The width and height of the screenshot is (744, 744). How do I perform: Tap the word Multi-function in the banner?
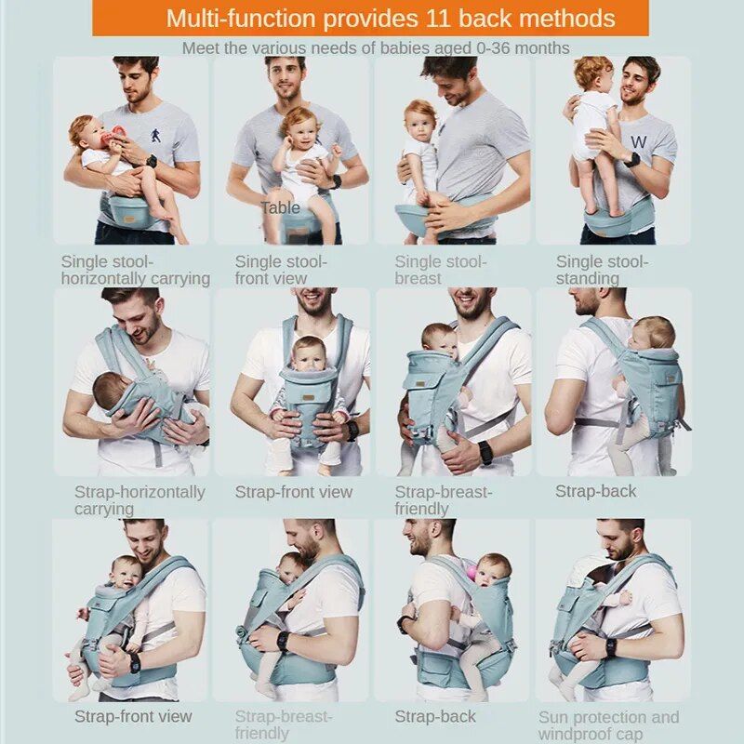[x=241, y=19]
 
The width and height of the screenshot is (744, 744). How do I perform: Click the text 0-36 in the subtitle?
[x=491, y=48]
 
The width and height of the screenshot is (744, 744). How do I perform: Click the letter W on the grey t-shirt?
[x=639, y=142]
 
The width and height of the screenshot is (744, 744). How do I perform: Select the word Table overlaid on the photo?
[x=280, y=207]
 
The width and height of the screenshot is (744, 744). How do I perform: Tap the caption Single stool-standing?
[x=602, y=270]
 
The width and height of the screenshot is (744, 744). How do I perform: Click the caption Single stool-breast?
[x=441, y=270]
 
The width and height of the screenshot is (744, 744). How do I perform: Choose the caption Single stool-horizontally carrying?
[x=135, y=270]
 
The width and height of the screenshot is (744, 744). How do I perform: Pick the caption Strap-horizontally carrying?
[x=139, y=500]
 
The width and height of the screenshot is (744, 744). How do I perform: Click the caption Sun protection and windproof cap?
[x=609, y=725]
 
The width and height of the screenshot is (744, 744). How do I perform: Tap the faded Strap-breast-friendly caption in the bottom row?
[x=284, y=724]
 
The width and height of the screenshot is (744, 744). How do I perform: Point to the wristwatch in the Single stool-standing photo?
[x=631, y=160]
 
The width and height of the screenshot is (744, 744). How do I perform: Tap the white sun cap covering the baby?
[x=589, y=572]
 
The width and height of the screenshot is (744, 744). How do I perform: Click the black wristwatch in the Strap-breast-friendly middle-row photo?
[x=485, y=452]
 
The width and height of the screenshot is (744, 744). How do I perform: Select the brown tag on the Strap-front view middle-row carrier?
[x=309, y=398]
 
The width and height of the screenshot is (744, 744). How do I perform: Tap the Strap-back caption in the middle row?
[x=595, y=492]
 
